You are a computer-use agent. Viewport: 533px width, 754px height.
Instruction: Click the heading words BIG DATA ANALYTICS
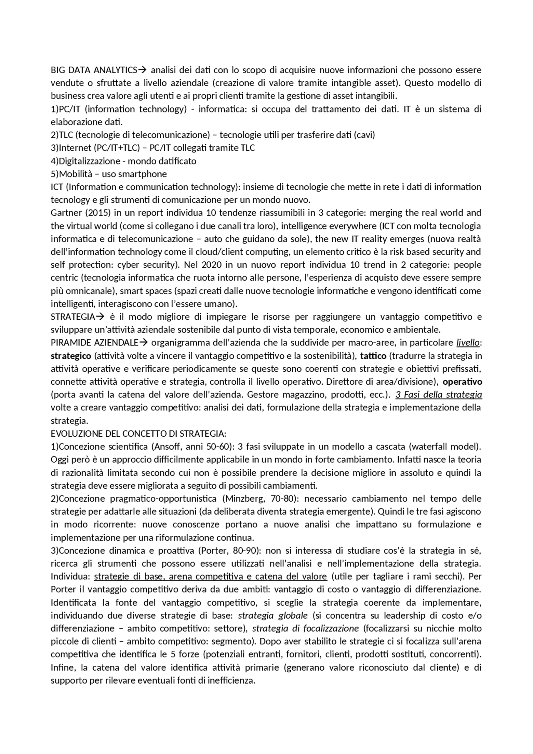click(x=94, y=70)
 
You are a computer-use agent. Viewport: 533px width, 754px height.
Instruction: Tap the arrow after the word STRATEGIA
click(x=100, y=317)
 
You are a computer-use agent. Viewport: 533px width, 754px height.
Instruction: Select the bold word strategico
click(x=71, y=356)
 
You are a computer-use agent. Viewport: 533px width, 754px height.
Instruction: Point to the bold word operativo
click(x=462, y=381)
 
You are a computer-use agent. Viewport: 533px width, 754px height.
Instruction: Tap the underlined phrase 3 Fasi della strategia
click(x=438, y=394)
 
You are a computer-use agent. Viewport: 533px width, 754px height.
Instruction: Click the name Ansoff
click(x=168, y=447)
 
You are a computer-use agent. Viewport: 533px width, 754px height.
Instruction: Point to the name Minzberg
click(x=242, y=498)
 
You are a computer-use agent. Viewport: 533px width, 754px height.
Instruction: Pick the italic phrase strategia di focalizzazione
click(x=305, y=628)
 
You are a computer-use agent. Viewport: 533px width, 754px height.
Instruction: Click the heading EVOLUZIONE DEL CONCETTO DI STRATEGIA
click(x=138, y=433)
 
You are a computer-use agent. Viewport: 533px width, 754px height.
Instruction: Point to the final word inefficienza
click(x=234, y=680)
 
